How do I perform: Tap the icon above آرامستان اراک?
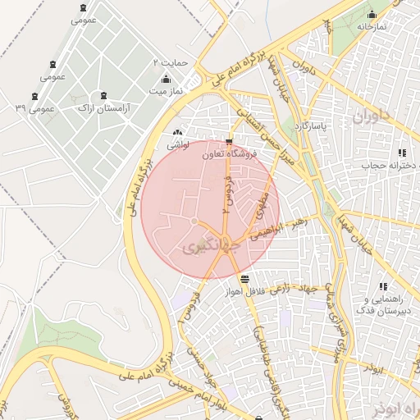coord(103,96)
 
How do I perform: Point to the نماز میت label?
coord(165,91)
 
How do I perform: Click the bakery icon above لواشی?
coord(178,132)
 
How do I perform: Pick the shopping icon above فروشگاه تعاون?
coord(228,141)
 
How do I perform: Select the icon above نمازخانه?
coord(372,14)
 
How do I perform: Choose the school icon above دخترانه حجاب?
coord(401,153)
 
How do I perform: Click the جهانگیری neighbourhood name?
coord(209,245)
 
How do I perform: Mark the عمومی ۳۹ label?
coord(34,108)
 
